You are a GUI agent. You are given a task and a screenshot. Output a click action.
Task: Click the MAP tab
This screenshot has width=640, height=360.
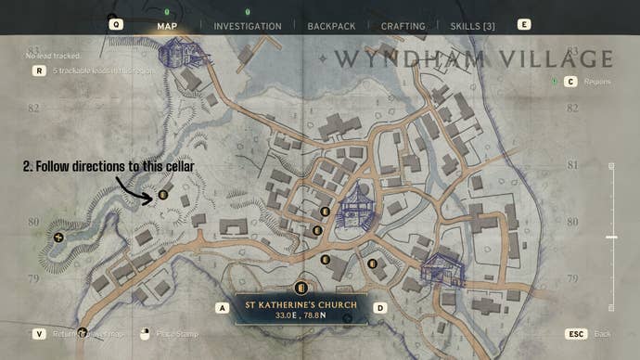click(x=167, y=26)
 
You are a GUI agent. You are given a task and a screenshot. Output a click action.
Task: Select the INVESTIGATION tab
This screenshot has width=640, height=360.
click(x=247, y=26)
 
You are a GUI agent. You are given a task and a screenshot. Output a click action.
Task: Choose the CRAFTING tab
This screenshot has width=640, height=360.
click(x=403, y=26)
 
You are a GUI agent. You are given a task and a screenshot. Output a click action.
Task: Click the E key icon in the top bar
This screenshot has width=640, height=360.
click(x=525, y=25)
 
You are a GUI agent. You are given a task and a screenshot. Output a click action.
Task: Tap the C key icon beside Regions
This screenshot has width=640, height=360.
click(x=570, y=82)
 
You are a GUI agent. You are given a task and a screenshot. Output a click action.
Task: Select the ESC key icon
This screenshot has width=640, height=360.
click(x=575, y=333)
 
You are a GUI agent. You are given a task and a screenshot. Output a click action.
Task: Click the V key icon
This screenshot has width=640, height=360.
click(x=39, y=333)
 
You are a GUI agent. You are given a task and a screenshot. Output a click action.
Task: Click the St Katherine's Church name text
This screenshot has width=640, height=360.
click(x=301, y=303)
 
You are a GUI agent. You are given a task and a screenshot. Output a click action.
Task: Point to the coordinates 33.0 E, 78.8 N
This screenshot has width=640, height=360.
click(x=301, y=315)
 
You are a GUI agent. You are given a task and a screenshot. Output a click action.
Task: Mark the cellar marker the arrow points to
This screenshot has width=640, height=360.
click(x=163, y=195)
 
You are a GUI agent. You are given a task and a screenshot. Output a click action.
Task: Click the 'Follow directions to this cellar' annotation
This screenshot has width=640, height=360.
click(x=108, y=166)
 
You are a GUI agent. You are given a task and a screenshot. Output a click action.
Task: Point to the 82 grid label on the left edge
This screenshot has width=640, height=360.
click(x=33, y=109)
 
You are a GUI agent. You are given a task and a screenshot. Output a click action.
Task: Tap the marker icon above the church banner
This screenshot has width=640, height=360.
click(x=300, y=288)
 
